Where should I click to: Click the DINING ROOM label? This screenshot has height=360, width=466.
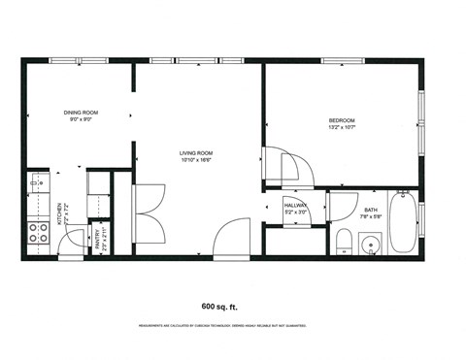(x=82, y=112)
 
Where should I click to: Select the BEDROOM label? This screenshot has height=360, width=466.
(x=343, y=120)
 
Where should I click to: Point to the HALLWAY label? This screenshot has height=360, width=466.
(x=295, y=205)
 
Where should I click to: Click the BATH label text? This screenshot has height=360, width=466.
(x=371, y=210)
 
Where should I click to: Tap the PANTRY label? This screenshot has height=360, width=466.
(x=98, y=240)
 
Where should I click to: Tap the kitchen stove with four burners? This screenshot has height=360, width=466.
(x=39, y=232)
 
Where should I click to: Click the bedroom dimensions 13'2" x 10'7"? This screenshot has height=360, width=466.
(x=343, y=127)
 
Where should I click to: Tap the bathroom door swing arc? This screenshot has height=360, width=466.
(x=342, y=207)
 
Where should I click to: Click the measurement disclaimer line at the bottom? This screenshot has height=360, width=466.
(x=233, y=325)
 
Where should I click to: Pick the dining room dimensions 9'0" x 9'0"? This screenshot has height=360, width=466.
(x=82, y=118)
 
